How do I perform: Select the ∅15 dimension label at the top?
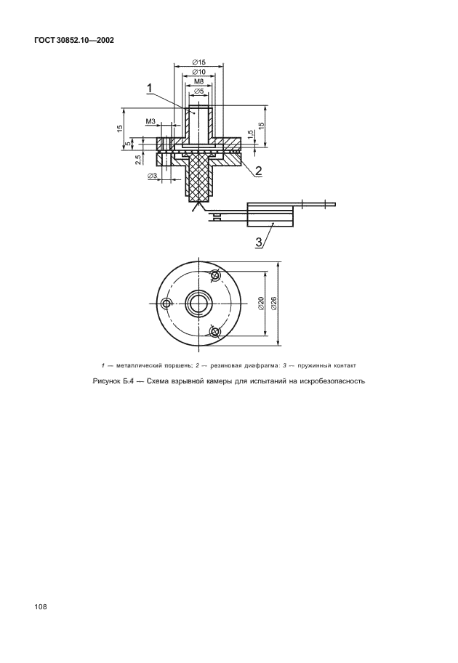pos(198,63)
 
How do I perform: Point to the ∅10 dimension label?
pos(198,73)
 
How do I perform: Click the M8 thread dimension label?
pos(198,82)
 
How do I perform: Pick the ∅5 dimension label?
pos(198,91)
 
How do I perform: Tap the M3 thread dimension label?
pos(150,122)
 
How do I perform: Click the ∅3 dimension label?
pos(152,176)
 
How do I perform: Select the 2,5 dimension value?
pos(138,160)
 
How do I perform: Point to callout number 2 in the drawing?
pos(257,171)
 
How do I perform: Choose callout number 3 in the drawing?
pos(259,243)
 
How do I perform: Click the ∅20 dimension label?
pos(260,304)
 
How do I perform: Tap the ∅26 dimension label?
pos(273,304)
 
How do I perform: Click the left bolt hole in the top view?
pos(168,303)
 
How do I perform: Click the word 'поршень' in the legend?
pos(178,365)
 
